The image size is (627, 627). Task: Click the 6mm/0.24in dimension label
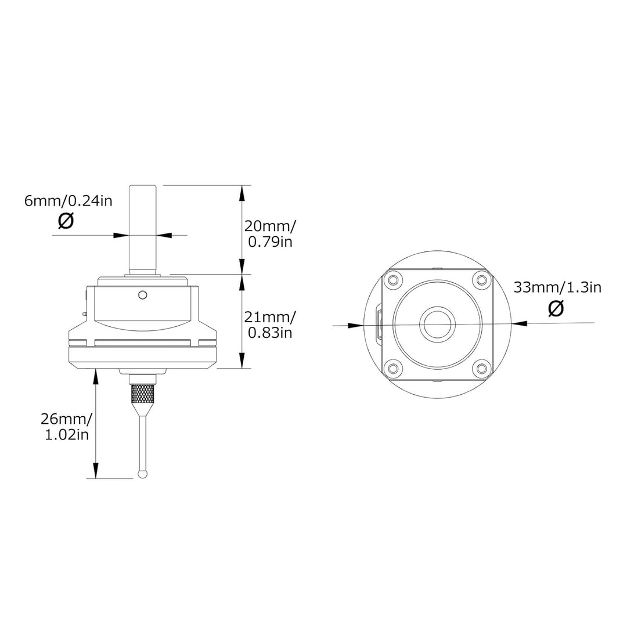pyautogui.click(x=69, y=201)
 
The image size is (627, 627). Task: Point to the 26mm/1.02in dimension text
pyautogui.click(x=67, y=426)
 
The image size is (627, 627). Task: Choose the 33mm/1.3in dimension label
pyautogui.click(x=556, y=287)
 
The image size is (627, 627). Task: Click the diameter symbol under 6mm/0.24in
pyautogui.click(x=67, y=221)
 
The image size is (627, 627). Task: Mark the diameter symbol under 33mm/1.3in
pyautogui.click(x=556, y=309)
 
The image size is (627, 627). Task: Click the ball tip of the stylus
pyautogui.click(x=143, y=474)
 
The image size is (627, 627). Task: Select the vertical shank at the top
pyautogui.click(x=143, y=229)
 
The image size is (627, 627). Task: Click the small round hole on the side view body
pyautogui.click(x=140, y=296)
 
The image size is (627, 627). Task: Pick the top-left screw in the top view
pyautogui.click(x=393, y=280)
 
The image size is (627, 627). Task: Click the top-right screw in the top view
pyautogui.click(x=481, y=280)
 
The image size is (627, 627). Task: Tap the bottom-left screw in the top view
pyautogui.click(x=393, y=367)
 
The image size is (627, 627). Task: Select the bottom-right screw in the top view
pyautogui.click(x=481, y=367)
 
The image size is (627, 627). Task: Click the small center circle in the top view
pyautogui.click(x=437, y=324)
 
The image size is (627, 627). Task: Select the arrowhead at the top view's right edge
pyautogui.click(x=518, y=323)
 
